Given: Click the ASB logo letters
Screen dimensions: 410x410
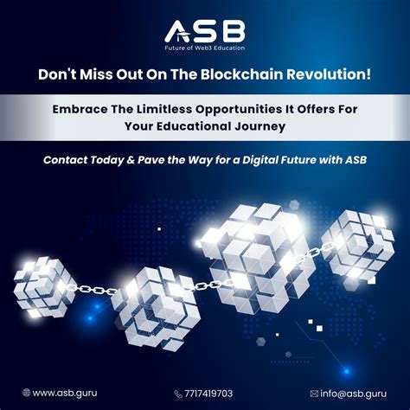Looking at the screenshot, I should pos(205,30).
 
